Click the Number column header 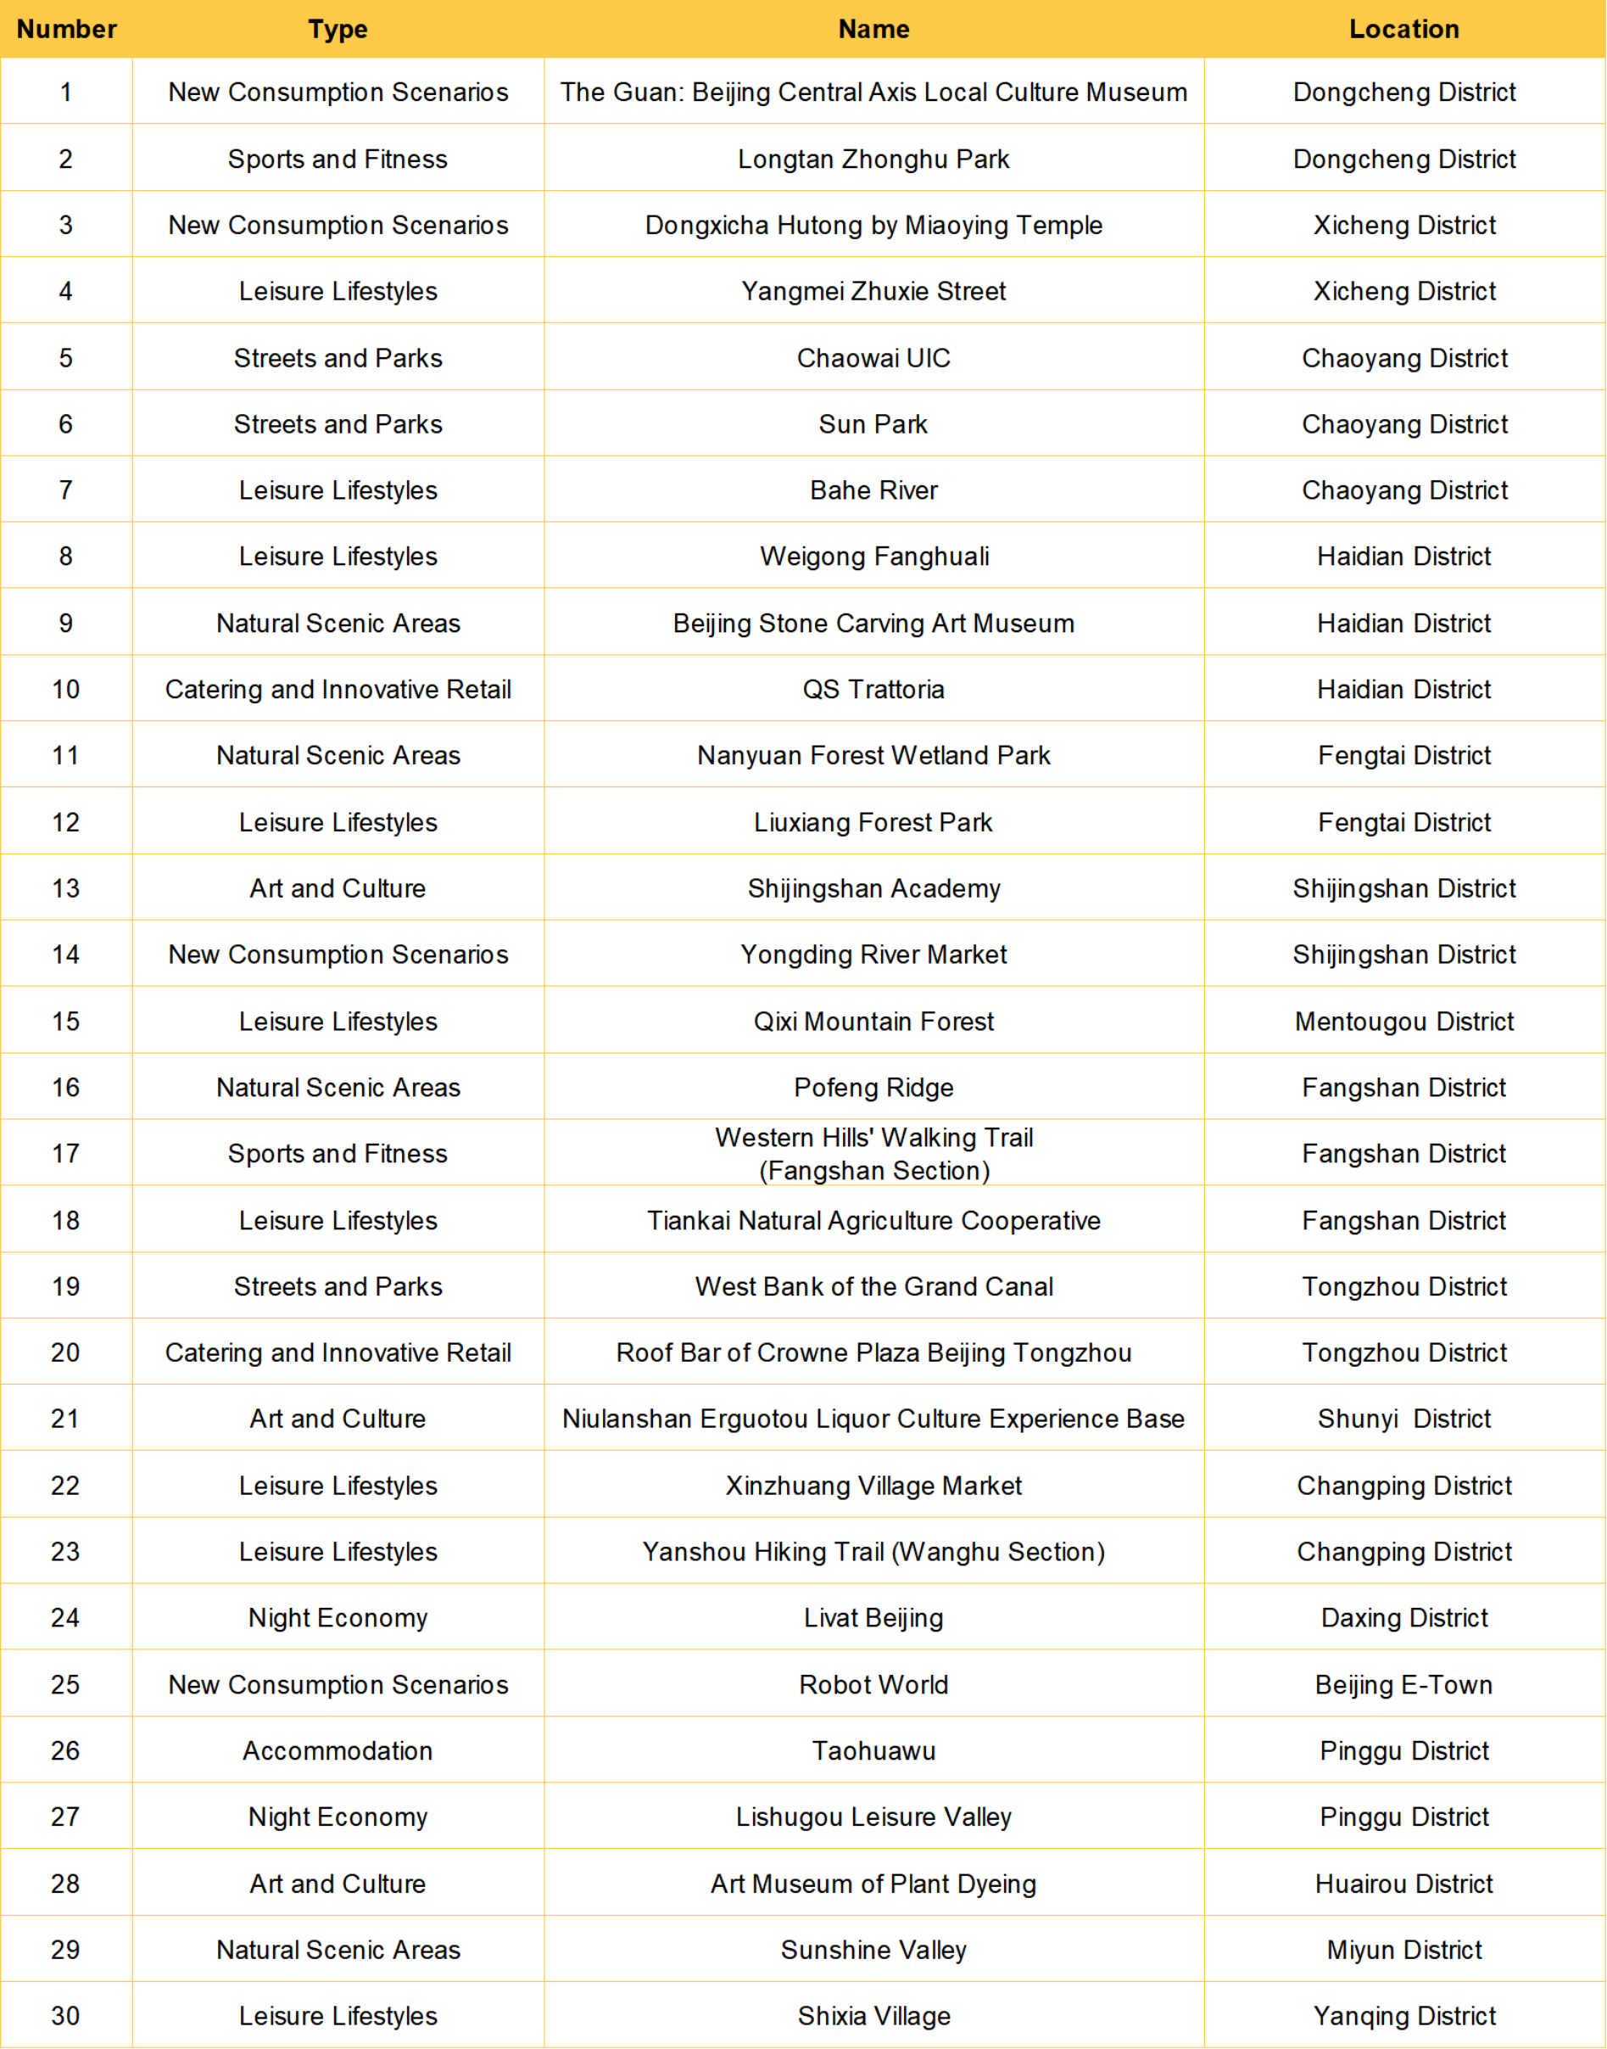click(x=66, y=29)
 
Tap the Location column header click(x=1403, y=29)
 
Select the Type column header click(x=338, y=29)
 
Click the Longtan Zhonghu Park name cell click(x=873, y=159)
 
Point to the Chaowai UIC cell click(x=873, y=358)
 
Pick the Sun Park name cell click(x=873, y=424)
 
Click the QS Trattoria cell click(x=873, y=689)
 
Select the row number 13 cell click(x=66, y=888)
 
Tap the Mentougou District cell click(x=1403, y=1022)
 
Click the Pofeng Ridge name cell click(x=873, y=1087)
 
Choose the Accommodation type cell click(x=338, y=1750)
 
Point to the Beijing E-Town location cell click(x=1403, y=1685)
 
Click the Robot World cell click(x=873, y=1685)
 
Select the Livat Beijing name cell click(x=873, y=1618)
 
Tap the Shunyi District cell click(x=1403, y=1419)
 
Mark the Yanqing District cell click(x=1403, y=2016)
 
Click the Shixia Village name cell click(x=873, y=2016)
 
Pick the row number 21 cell click(x=66, y=1419)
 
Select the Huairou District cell click(x=1403, y=1884)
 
